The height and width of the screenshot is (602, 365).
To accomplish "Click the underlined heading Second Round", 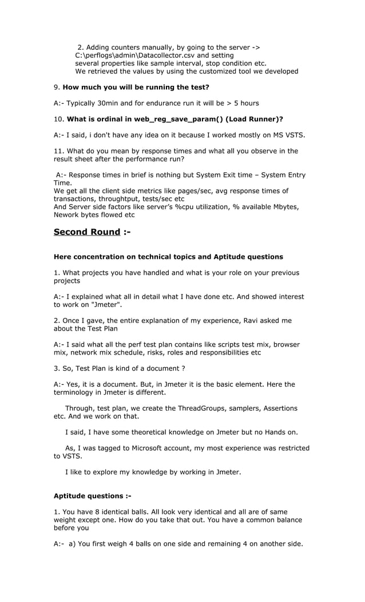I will click(86, 232).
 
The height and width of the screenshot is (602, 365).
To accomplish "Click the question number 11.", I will click(58, 151).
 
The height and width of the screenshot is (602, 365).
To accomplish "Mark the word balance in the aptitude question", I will click(289, 520).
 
